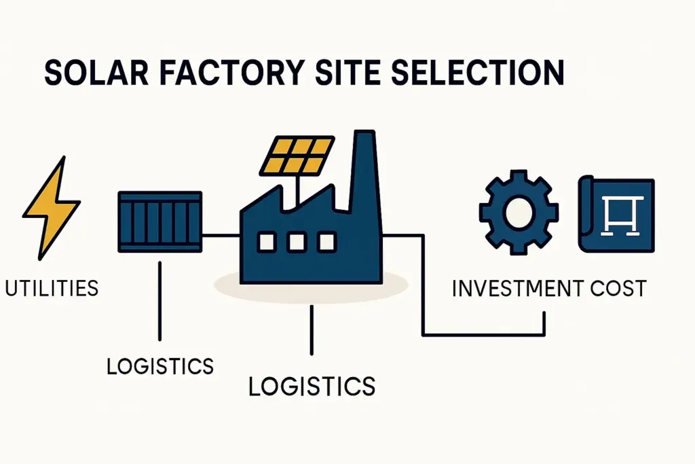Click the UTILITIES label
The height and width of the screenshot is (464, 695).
pyautogui.click(x=51, y=288)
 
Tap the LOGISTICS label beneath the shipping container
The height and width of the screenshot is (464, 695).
pyautogui.click(x=160, y=366)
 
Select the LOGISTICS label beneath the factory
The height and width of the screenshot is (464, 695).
pyautogui.click(x=312, y=386)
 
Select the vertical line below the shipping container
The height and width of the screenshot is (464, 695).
pyautogui.click(x=160, y=299)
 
